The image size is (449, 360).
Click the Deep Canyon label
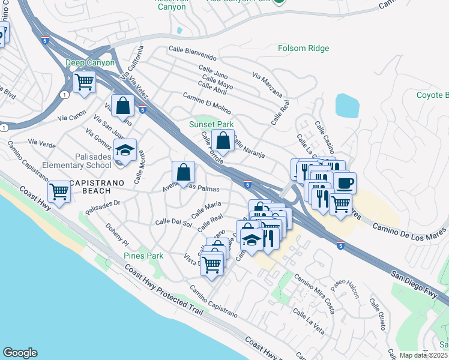click(90, 62)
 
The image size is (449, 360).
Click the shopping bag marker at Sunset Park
click(223, 141)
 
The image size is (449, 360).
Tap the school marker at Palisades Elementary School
click(125, 150)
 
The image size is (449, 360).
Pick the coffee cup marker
click(345, 183)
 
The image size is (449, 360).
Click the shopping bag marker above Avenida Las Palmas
click(183, 172)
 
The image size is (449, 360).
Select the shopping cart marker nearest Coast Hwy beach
click(59, 191)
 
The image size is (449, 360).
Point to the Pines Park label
click(143, 256)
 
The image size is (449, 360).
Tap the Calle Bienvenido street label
click(192, 50)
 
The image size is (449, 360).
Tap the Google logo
click(20, 353)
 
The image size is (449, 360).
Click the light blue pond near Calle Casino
click(347, 106)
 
